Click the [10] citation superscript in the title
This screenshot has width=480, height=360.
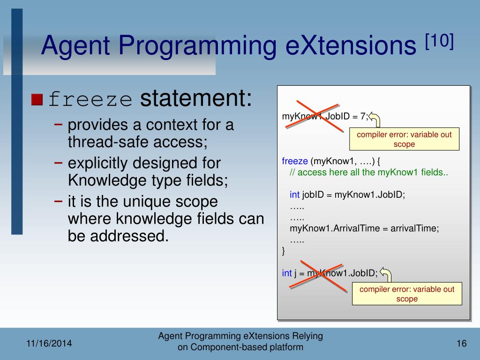coord(439,41)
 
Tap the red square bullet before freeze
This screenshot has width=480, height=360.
coord(37,99)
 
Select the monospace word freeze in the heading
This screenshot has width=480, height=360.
coord(90,99)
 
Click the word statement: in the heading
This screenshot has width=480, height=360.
coord(196,98)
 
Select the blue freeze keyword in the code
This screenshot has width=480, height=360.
coord(295,161)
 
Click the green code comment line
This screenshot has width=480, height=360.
coord(369,172)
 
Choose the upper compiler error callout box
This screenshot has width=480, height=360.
coord(405,139)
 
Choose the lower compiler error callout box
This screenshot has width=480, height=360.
coord(407,294)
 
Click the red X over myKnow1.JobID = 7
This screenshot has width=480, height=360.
coord(314,116)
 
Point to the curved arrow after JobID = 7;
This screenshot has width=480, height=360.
coord(375,119)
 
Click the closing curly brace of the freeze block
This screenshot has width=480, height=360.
coord(284,251)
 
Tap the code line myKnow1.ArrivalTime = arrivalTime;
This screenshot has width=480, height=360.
coord(364,228)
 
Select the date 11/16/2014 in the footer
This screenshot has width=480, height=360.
coord(49,344)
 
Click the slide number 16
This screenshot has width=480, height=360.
coord(462,344)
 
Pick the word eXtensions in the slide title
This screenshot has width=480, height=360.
coord(351,45)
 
